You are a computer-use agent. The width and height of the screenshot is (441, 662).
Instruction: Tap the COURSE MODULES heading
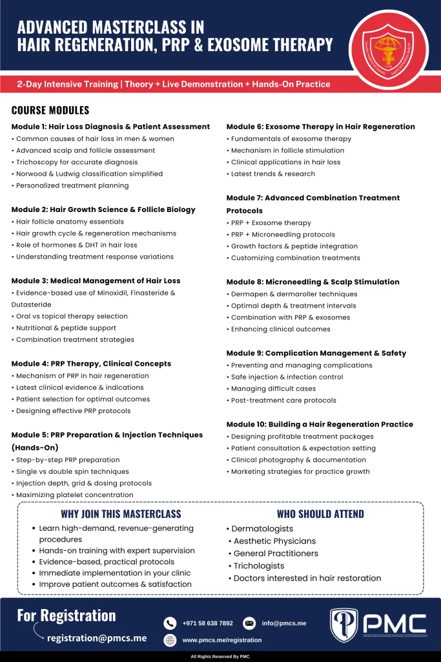tap(50, 111)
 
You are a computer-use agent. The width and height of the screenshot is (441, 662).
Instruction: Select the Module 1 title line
tap(110, 127)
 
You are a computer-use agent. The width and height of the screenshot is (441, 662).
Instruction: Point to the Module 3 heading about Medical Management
tap(96, 281)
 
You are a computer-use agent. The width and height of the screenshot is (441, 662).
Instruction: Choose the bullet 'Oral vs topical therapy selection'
tap(72, 316)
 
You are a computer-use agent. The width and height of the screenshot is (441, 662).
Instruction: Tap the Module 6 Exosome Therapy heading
tap(320, 127)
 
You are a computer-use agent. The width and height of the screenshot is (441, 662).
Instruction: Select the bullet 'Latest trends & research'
tap(273, 174)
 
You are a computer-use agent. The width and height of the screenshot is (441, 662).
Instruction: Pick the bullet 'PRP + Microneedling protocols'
tap(283, 235)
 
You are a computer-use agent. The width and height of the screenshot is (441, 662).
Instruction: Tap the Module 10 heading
tap(320, 424)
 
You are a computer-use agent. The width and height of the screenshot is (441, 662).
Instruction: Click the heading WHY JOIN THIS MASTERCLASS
tap(121, 515)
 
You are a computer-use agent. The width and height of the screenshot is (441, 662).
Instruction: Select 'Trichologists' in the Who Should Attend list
tap(259, 566)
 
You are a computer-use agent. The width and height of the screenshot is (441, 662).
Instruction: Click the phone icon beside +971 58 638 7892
tap(170, 623)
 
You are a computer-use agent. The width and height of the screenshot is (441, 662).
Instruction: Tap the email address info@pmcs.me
tap(284, 623)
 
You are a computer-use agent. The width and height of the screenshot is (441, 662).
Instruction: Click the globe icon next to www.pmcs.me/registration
tap(170, 640)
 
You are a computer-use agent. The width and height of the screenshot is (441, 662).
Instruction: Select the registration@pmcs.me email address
tap(97, 638)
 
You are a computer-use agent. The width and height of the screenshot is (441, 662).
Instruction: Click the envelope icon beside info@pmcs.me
tap(249, 623)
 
